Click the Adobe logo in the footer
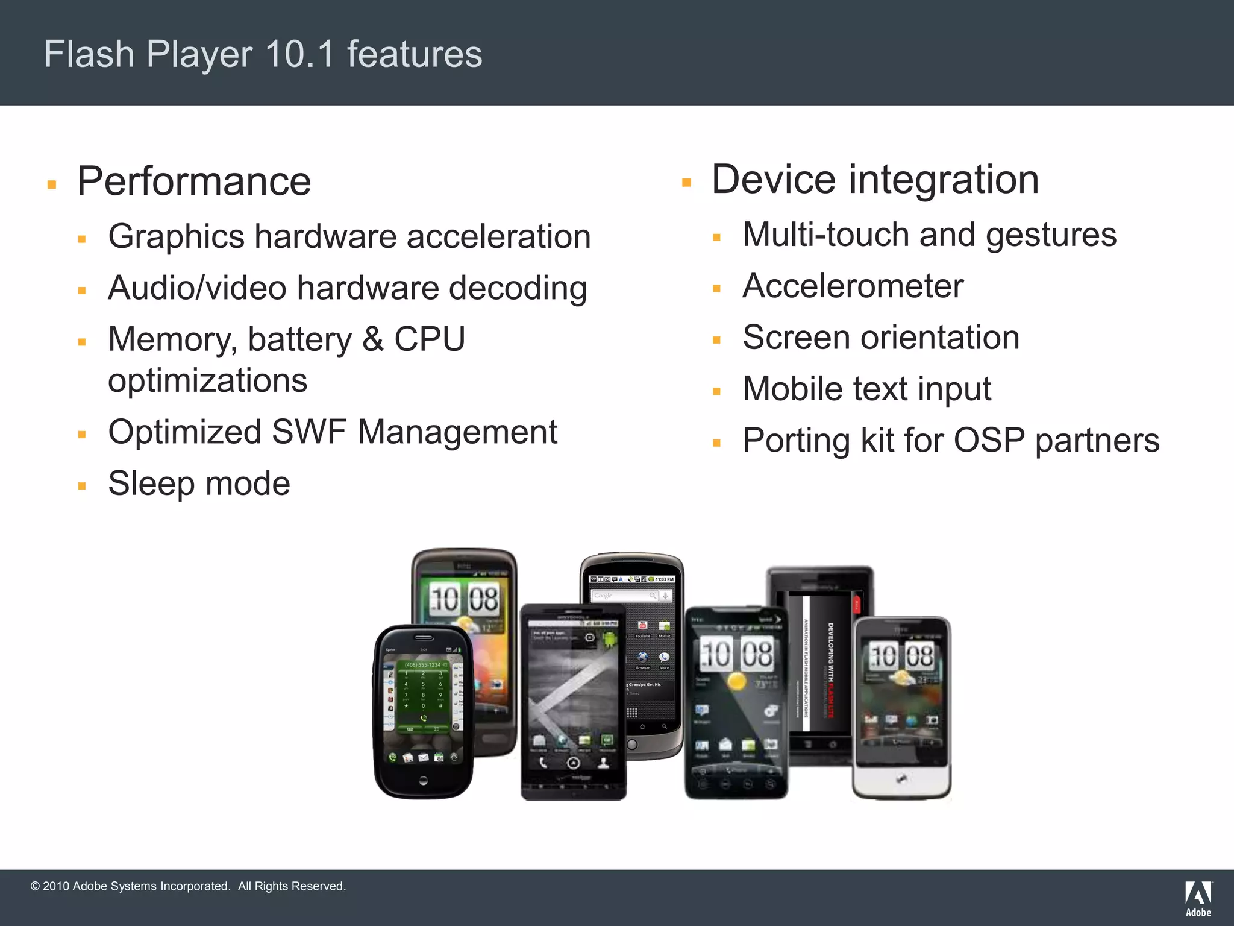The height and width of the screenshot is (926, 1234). point(1198,898)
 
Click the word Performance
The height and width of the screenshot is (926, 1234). point(194,181)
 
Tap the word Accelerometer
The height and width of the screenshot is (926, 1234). point(853,286)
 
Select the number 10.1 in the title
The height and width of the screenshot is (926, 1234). point(299,54)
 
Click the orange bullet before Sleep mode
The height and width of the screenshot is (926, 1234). point(82,486)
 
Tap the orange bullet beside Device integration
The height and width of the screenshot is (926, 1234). point(686,182)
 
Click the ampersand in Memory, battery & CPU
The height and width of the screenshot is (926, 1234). point(373,339)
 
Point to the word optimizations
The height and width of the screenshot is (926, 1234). point(207,381)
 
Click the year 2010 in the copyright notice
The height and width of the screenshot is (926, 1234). point(56,886)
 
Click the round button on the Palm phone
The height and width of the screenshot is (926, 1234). point(423,781)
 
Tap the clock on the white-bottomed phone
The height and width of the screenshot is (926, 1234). point(901,656)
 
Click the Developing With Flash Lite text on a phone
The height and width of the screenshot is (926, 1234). point(830,669)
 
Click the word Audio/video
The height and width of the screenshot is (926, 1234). point(196,288)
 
